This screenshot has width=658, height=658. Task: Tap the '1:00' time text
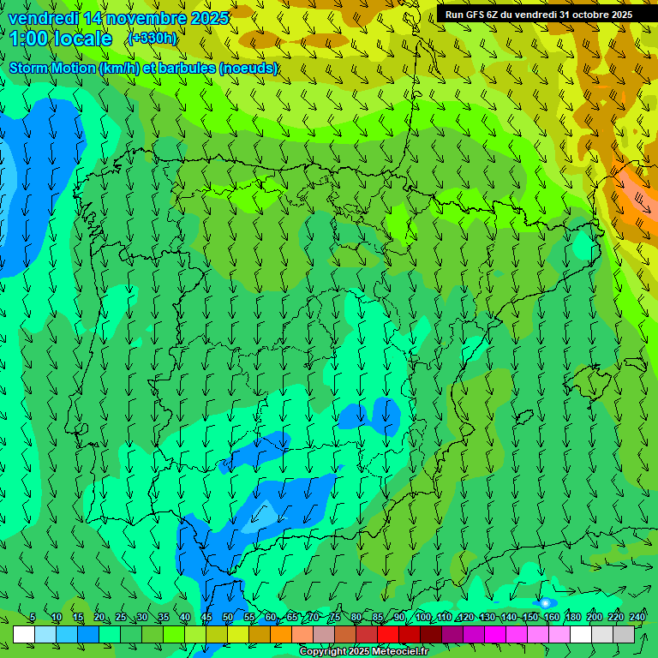(x=32, y=39)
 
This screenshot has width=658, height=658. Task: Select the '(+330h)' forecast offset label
(x=152, y=39)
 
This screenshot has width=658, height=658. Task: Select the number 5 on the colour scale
(x=33, y=618)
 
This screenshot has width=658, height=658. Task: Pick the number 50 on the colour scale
(x=228, y=618)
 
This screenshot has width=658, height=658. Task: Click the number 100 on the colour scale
(x=422, y=618)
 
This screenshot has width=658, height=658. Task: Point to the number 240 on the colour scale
(x=637, y=618)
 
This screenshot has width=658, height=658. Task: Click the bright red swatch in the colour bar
(x=388, y=634)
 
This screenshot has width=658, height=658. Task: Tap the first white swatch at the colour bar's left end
(x=24, y=634)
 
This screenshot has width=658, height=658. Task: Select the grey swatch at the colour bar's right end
(x=624, y=634)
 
